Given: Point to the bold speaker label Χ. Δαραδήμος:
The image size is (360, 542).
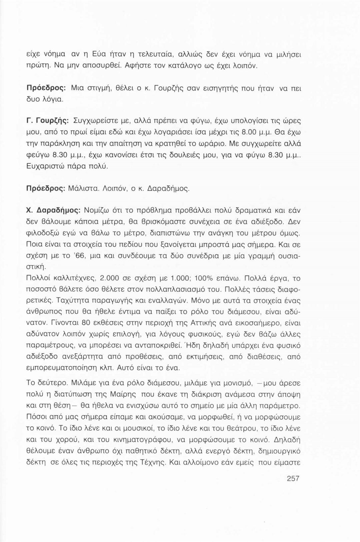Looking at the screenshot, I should [54, 210].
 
